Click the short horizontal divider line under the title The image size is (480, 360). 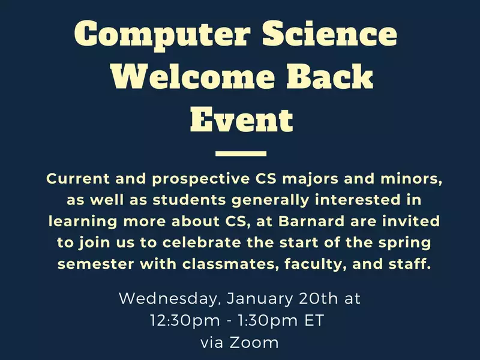pyautogui.click(x=241, y=154)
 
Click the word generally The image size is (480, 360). pyautogui.click(x=271, y=201)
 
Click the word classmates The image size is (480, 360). pyautogui.click(x=231, y=264)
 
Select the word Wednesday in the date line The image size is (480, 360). pyautogui.click(x=168, y=299)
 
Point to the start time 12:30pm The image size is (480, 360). pyautogui.click(x=185, y=321)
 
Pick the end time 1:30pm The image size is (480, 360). pyautogui.click(x=268, y=321)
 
